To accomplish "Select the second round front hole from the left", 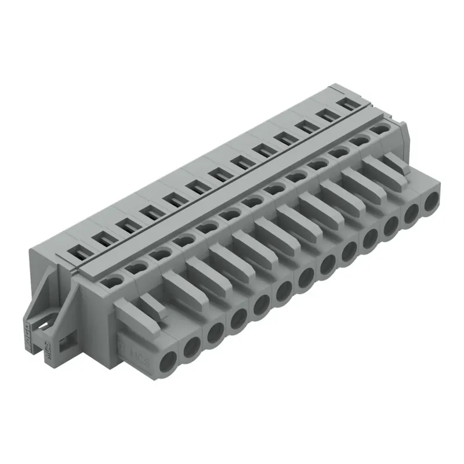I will [191, 347].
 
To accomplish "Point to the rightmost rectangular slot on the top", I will [349, 104].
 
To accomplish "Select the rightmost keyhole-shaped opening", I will [379, 129].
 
